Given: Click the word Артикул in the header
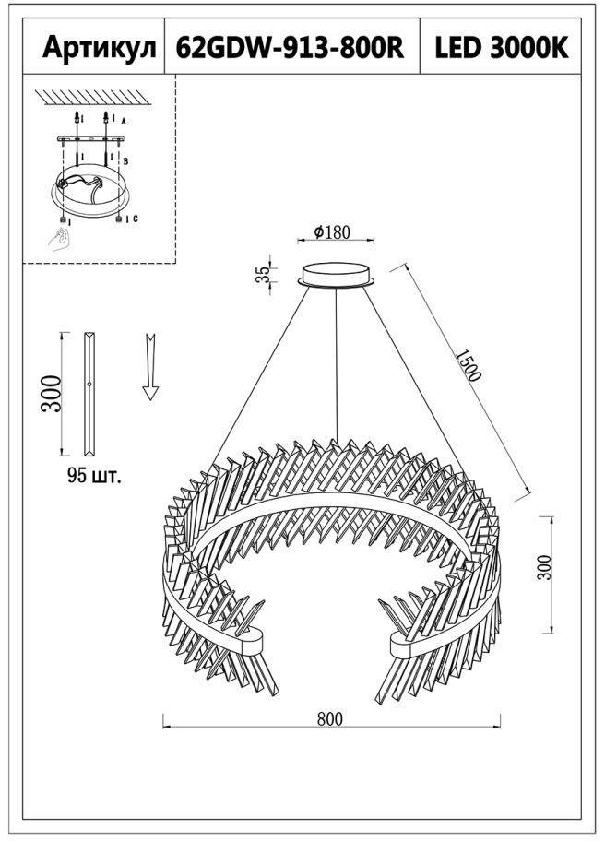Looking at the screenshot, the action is (100, 48).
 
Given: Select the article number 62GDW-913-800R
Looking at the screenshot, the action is (291, 48).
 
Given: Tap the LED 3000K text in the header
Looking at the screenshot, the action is (502, 48).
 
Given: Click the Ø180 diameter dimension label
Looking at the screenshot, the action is (332, 231).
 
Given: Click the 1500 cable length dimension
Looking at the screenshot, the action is (468, 365).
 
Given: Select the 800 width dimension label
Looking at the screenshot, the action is (329, 718).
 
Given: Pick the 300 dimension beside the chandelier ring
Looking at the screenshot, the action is (544, 567).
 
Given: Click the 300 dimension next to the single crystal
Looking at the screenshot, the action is (52, 393).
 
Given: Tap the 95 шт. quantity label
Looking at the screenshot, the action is (94, 475).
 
